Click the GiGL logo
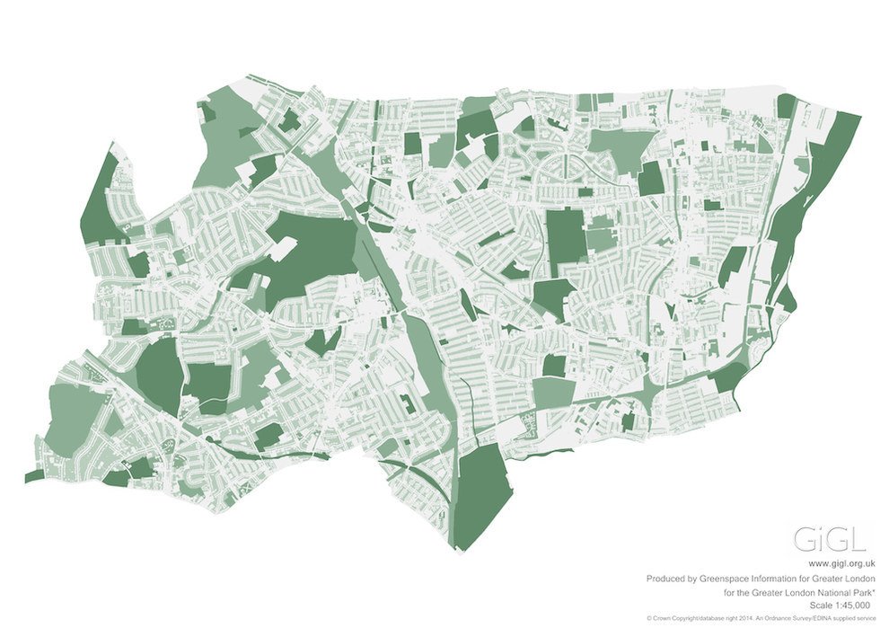tap(830, 539)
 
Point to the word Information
tap(782, 579)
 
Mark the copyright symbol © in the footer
tap(648, 619)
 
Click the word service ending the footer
tap(863, 619)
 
